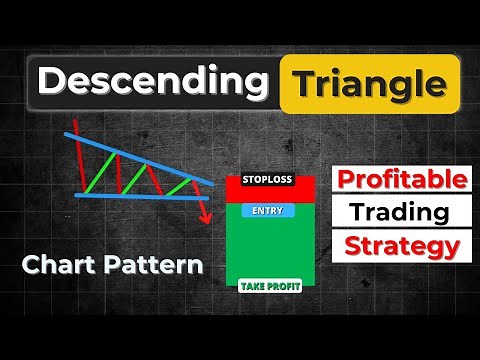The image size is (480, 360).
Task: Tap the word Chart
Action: [x=54, y=266]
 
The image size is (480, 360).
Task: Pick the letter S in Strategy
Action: [x=351, y=245]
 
